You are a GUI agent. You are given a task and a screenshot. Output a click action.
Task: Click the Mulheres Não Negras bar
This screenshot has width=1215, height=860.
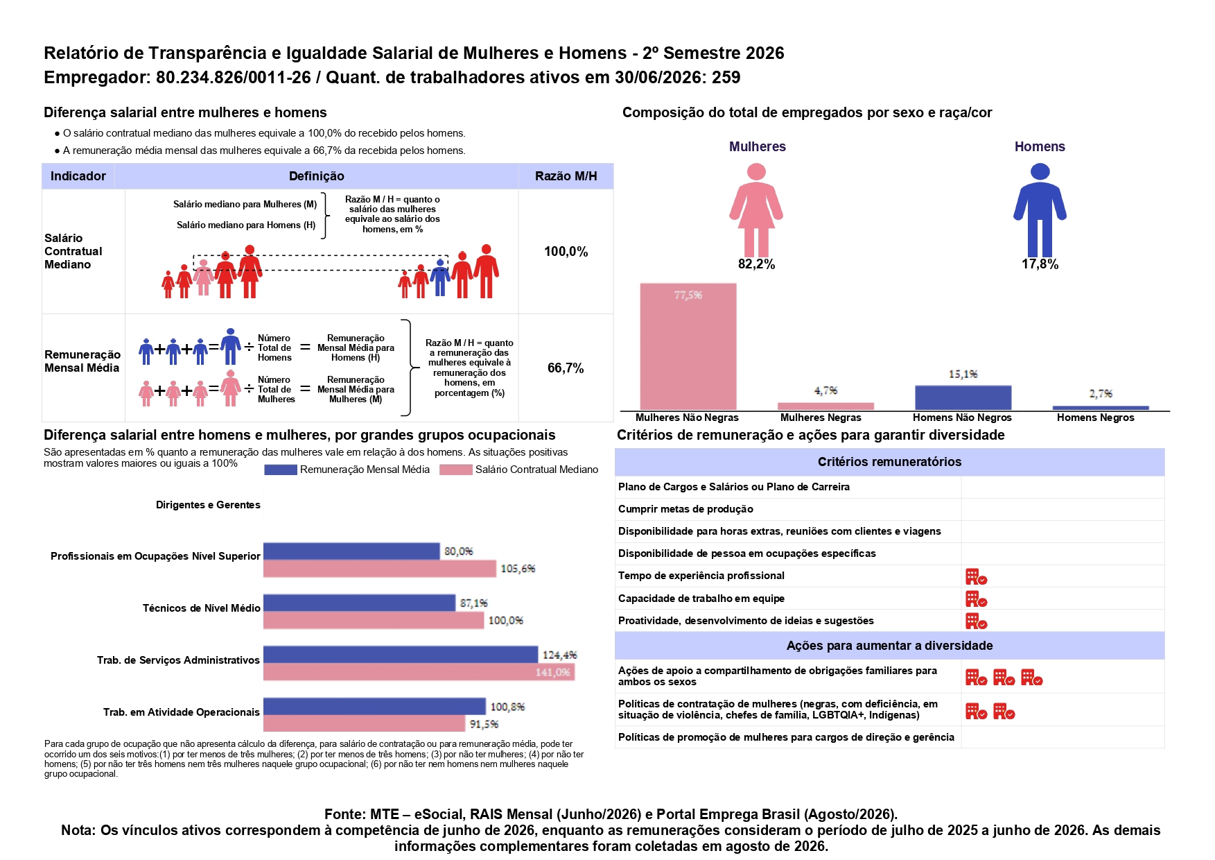[x=688, y=346]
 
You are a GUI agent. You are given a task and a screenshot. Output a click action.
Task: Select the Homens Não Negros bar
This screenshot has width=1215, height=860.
[x=963, y=397]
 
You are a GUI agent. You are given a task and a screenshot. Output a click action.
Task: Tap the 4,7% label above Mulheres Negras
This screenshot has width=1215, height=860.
[x=825, y=390]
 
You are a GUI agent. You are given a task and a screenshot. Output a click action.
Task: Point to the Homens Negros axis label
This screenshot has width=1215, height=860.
[x=1095, y=418]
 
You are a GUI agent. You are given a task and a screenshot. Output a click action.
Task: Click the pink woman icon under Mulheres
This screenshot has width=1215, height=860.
[x=756, y=210]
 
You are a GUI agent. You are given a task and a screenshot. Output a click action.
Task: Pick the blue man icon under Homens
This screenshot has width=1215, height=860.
[x=1040, y=210]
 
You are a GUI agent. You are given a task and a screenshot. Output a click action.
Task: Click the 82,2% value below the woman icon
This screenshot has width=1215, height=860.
[x=756, y=264]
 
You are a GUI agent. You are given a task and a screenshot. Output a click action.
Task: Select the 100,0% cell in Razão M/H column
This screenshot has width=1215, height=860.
[x=566, y=252]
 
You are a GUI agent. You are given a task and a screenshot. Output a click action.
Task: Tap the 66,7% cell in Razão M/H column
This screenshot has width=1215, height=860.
[x=566, y=368]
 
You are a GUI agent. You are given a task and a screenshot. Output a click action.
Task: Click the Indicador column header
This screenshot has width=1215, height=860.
[x=78, y=176]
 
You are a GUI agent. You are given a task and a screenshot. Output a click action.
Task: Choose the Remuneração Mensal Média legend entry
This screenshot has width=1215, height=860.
[x=347, y=470]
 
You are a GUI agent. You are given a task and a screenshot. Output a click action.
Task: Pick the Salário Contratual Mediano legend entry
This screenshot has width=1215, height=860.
[x=519, y=470]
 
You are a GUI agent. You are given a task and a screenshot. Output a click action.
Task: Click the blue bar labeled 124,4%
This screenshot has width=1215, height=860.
[x=401, y=655]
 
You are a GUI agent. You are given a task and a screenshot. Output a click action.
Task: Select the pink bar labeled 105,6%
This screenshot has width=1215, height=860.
[x=380, y=569]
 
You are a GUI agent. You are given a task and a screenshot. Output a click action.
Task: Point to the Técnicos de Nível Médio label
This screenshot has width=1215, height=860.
[x=202, y=608]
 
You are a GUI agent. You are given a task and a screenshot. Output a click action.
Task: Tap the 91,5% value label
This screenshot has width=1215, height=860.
[x=484, y=724]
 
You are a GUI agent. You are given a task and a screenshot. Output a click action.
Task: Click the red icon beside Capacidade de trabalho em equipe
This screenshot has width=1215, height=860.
[x=976, y=599]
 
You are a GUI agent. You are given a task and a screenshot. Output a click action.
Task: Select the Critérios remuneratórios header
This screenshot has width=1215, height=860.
[x=889, y=462]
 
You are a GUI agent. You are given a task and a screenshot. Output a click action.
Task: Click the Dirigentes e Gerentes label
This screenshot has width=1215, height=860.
[x=208, y=505]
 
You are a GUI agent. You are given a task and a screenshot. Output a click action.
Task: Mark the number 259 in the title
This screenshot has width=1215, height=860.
[x=726, y=78]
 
